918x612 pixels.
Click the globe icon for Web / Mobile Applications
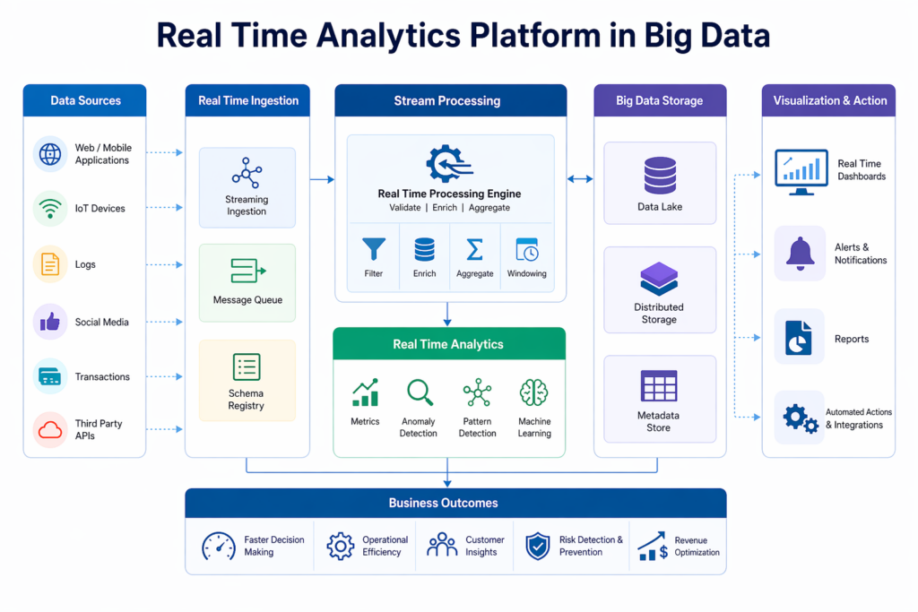[50, 153]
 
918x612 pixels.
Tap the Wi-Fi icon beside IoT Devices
[50, 208]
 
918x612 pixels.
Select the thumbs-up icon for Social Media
[50, 322]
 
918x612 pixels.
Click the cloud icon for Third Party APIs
[50, 430]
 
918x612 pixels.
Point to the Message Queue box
[247, 282]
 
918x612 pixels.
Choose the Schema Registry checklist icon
[247, 366]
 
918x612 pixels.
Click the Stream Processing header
[450, 100]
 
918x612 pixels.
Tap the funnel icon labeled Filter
[374, 249]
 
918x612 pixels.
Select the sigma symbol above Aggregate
[475, 249]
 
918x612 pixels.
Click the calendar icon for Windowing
[527, 249]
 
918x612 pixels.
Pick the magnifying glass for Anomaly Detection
[419, 392]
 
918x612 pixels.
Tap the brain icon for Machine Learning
[534, 392]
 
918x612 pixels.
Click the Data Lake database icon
[660, 176]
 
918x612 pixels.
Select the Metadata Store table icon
[659, 386]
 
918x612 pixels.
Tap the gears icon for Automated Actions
[800, 418]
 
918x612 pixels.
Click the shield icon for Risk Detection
[537, 546]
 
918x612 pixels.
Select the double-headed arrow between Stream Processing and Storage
[580, 179]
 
